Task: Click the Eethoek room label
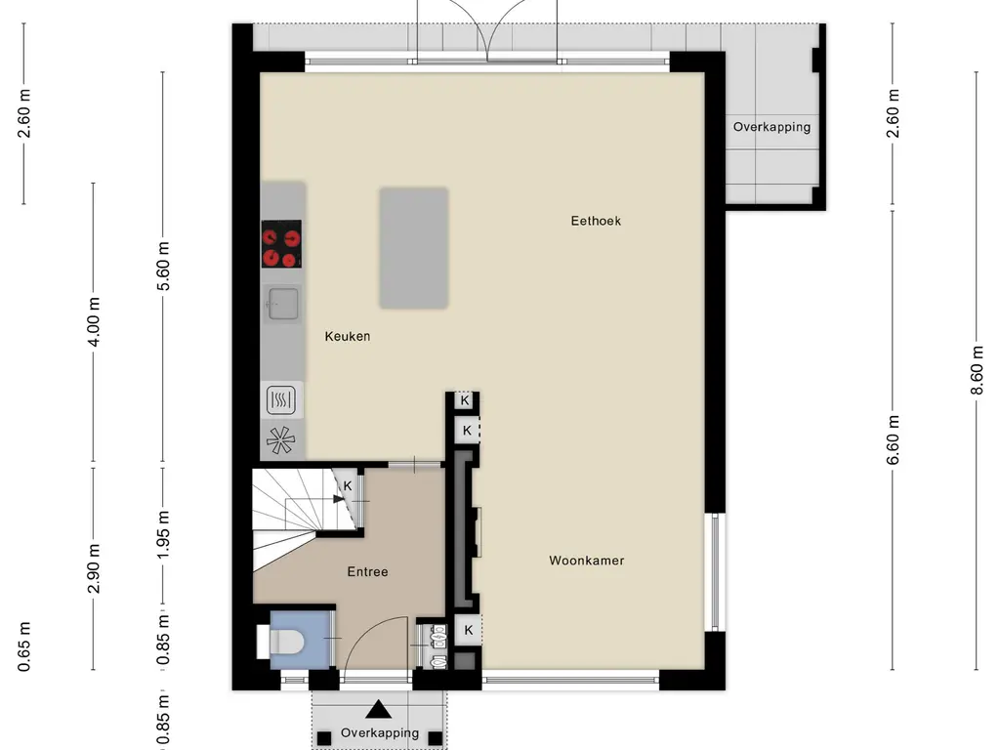pyautogui.click(x=596, y=221)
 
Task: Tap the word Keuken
pyautogui.click(x=348, y=336)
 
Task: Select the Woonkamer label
pyautogui.click(x=586, y=561)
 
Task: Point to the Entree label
pyautogui.click(x=367, y=571)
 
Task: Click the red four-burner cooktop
pyautogui.click(x=281, y=244)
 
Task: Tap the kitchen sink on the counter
pyautogui.click(x=281, y=305)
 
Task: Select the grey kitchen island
pyautogui.click(x=414, y=248)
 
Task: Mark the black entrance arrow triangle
pyautogui.click(x=379, y=710)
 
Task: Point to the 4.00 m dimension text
pyautogui.click(x=94, y=321)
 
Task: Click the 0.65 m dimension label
pyautogui.click(x=23, y=646)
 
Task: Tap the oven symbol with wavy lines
pyautogui.click(x=281, y=398)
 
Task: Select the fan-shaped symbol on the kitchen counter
pyautogui.click(x=281, y=441)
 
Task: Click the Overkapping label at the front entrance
pyautogui.click(x=380, y=732)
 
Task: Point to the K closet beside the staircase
pyautogui.click(x=348, y=485)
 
